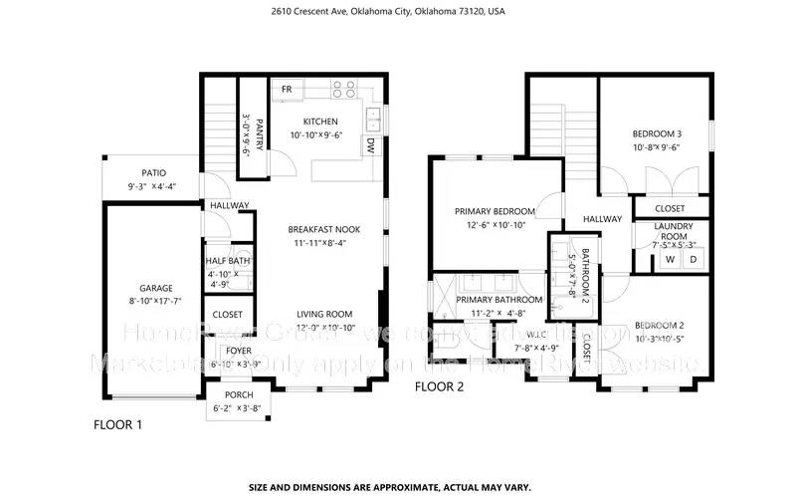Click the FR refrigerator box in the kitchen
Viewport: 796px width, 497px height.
tap(287, 90)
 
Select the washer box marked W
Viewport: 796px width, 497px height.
tap(669, 259)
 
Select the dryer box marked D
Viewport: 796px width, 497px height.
tap(694, 259)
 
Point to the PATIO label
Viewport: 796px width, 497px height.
tap(150, 172)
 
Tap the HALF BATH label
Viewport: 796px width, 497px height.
tap(227, 261)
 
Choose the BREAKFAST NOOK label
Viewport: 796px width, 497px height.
tap(324, 229)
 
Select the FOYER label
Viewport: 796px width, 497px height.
tap(238, 351)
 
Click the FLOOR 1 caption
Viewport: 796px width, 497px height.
tap(117, 424)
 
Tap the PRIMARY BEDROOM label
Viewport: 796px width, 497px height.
tap(495, 211)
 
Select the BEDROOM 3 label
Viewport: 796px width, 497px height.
tap(657, 133)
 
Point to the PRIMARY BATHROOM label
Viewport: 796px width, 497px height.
tap(499, 300)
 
